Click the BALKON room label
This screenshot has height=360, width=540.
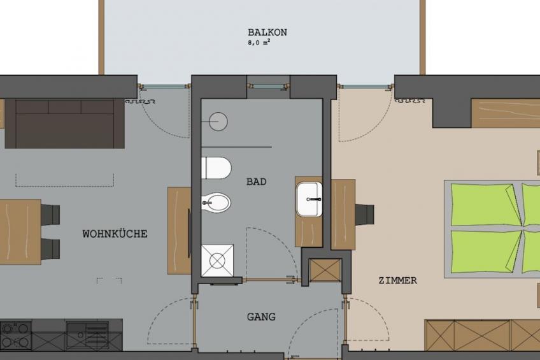pos(267,32)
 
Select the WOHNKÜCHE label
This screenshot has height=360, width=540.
pos(115,234)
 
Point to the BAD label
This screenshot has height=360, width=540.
pos(256,182)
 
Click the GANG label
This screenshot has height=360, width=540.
pos(261,317)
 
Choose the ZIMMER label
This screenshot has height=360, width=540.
pos(398,280)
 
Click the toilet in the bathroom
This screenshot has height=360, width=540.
pos(216,168)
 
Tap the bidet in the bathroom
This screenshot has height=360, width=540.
pos(216,203)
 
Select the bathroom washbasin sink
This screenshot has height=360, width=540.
pos(309,199)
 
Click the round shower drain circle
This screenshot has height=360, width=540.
pos(218,121)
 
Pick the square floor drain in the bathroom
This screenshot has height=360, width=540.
pos(217,261)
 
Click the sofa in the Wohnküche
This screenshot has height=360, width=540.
pos(65,124)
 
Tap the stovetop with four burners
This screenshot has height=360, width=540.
pos(15,335)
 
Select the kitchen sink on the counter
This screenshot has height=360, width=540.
pos(87,335)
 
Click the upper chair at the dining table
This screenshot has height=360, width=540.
pos(50,214)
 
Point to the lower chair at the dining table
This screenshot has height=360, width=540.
pos(50,248)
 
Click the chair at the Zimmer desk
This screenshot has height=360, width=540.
pos(364,214)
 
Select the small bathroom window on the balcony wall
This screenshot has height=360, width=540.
pos(268,86)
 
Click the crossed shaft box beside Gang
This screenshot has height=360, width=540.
pos(325,270)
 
